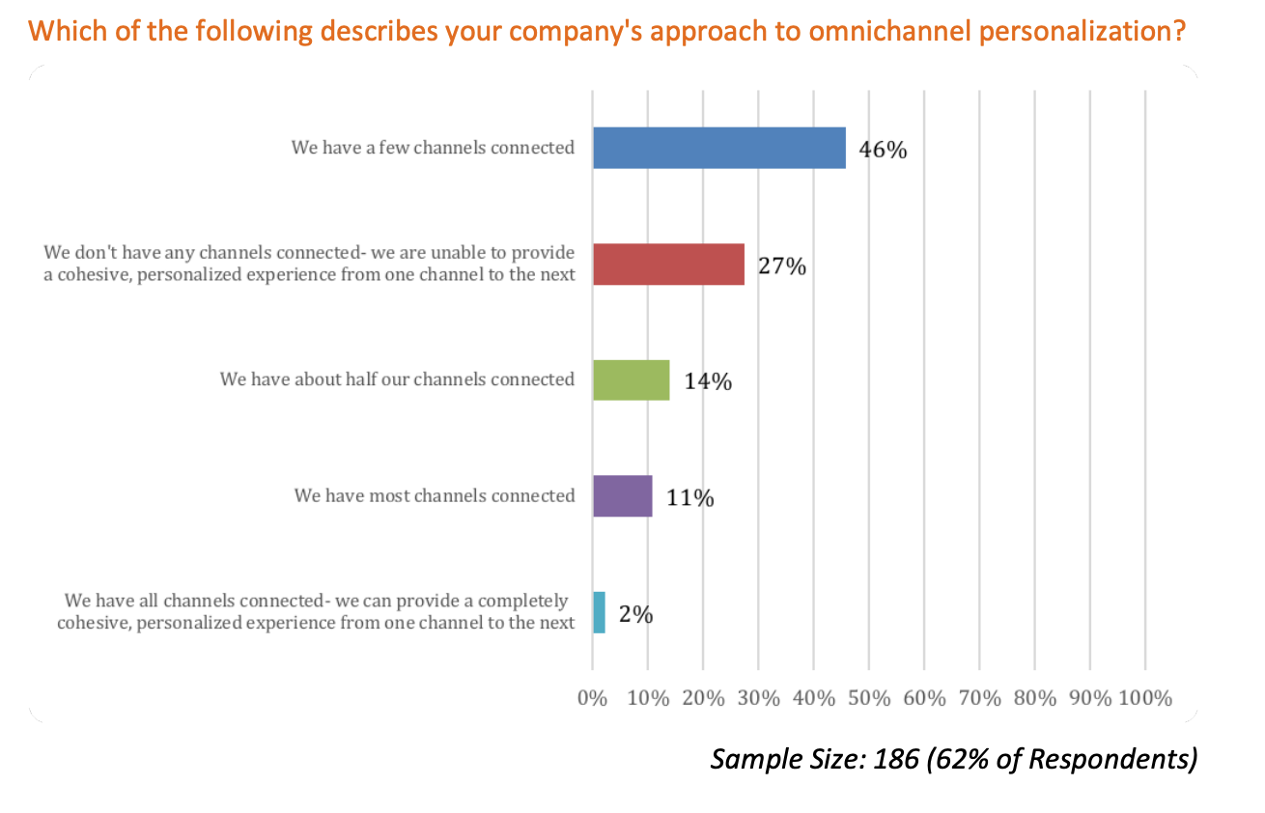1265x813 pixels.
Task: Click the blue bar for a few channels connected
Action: pyautogui.click(x=718, y=148)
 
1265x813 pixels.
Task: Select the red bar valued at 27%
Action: pyautogui.click(x=668, y=264)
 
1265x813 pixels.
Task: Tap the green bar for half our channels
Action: pyautogui.click(x=631, y=379)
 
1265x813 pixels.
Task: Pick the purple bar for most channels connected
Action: pyautogui.click(x=622, y=495)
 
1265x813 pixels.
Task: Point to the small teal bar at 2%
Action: pyautogui.click(x=599, y=612)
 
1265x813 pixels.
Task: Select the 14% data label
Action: pyautogui.click(x=708, y=381)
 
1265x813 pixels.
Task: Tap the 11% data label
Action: pyautogui.click(x=690, y=498)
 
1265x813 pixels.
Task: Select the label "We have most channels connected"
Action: pyautogui.click(x=435, y=495)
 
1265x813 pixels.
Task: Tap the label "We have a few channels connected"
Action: pyautogui.click(x=433, y=148)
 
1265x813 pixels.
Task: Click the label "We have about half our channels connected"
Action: pyautogui.click(x=397, y=379)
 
